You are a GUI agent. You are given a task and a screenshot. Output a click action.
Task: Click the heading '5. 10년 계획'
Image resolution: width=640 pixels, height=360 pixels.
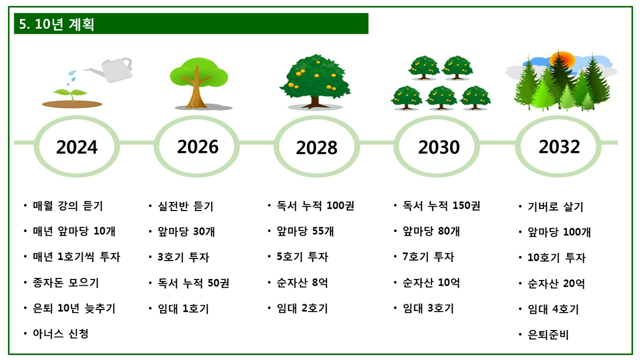(56, 24)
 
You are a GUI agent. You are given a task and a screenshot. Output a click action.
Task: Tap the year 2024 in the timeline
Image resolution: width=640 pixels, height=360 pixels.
(77, 147)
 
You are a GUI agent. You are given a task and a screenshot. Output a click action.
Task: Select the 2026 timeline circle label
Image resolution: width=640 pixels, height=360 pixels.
(198, 146)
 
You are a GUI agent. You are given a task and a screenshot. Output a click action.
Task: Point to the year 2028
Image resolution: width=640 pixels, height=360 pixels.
(316, 148)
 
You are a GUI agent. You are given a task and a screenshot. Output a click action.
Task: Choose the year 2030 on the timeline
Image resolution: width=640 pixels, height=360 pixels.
(439, 147)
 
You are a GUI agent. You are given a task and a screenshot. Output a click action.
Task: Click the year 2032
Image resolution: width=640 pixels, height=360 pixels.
(559, 146)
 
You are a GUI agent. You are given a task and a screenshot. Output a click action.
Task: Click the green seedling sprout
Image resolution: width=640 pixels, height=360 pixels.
(71, 95)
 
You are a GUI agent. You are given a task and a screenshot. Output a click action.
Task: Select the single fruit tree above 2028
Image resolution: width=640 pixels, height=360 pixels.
(315, 82)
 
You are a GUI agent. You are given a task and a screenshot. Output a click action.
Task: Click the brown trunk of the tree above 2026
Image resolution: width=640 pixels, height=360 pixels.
(196, 88)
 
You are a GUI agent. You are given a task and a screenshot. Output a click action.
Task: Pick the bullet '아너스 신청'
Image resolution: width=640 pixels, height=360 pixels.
(61, 334)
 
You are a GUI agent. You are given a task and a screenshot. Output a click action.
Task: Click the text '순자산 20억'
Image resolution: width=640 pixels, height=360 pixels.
(556, 284)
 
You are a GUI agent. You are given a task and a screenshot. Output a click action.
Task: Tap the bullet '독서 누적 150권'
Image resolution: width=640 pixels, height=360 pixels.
(441, 206)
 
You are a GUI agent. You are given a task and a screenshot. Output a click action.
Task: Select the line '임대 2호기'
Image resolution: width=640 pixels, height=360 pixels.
(302, 308)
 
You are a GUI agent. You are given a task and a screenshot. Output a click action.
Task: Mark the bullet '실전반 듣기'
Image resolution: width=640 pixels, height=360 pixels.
(185, 206)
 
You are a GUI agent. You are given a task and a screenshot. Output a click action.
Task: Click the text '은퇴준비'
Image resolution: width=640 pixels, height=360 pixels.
(548, 335)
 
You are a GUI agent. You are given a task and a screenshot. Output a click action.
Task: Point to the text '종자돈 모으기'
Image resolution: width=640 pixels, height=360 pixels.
(66, 283)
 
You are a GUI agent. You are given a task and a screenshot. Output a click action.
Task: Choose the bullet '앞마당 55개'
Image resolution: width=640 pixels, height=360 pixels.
(305, 231)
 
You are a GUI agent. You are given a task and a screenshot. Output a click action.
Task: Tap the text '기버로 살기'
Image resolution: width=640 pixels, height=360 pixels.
(555, 206)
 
